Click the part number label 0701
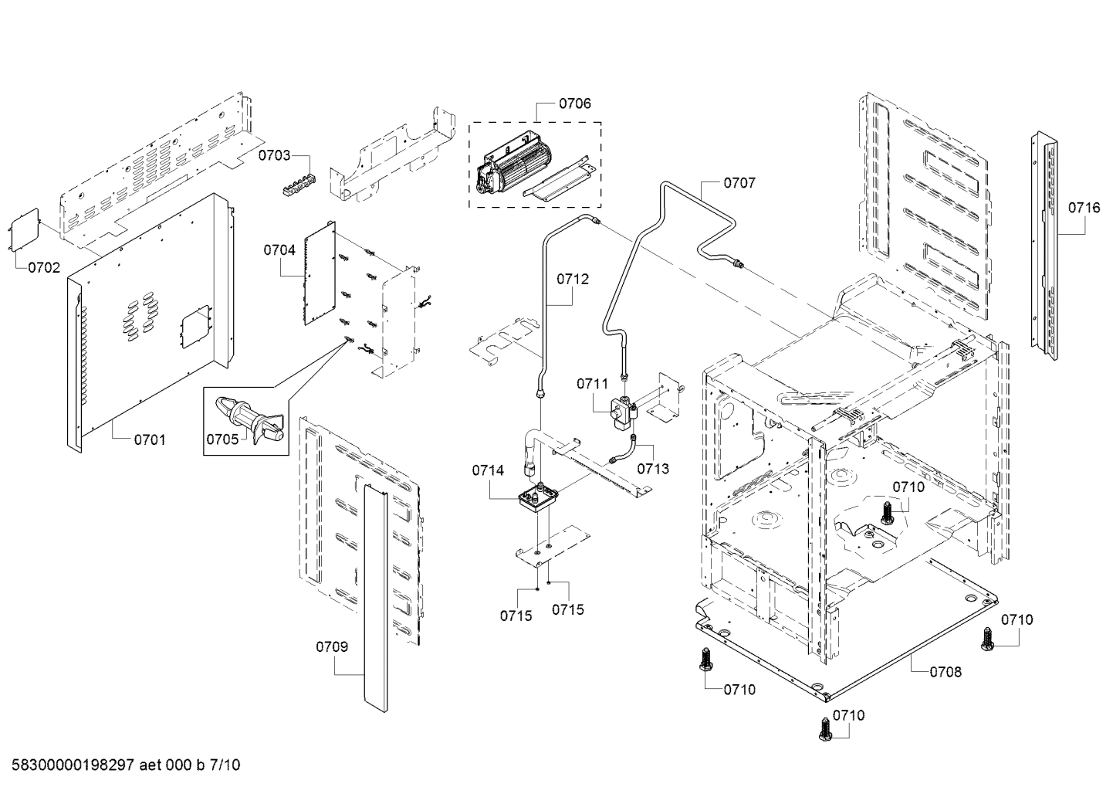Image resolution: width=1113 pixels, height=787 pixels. tap(150, 439)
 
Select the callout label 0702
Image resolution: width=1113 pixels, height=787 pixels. tap(44, 268)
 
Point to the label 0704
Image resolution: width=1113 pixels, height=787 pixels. tap(279, 250)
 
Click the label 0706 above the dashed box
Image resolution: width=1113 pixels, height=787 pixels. tap(575, 103)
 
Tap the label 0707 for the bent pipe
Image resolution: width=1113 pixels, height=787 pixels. tap(739, 183)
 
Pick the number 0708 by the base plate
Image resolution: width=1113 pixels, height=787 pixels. tap(946, 672)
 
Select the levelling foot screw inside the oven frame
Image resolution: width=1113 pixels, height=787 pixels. tap(885, 512)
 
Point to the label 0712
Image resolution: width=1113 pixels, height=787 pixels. tap(572, 279)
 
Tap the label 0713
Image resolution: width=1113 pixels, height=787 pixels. tap(653, 469)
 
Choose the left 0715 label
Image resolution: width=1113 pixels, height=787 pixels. tap(516, 616)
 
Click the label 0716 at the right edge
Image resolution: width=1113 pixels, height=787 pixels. tap(1084, 207)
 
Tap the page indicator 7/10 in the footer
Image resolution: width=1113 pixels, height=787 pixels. tap(225, 765)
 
